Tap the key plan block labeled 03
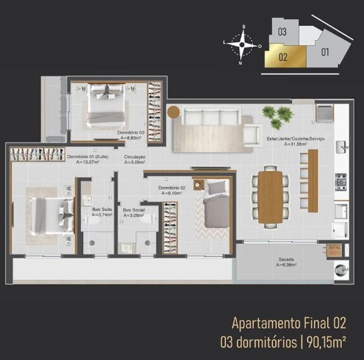click(282, 32)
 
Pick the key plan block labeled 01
click(324, 51)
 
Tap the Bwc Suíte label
click(95, 212)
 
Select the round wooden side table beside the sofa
click(173, 112)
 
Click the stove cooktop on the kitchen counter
click(341, 180)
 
